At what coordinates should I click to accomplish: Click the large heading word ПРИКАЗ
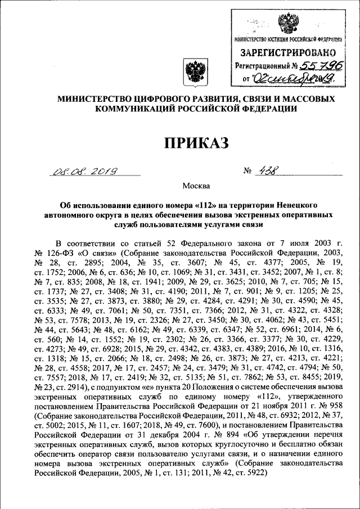click(x=196, y=142)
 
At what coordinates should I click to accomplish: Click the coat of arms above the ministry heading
click(x=196, y=73)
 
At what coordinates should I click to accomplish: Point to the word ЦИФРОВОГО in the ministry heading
click(x=164, y=99)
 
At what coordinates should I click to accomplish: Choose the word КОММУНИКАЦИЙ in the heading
click(x=131, y=109)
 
